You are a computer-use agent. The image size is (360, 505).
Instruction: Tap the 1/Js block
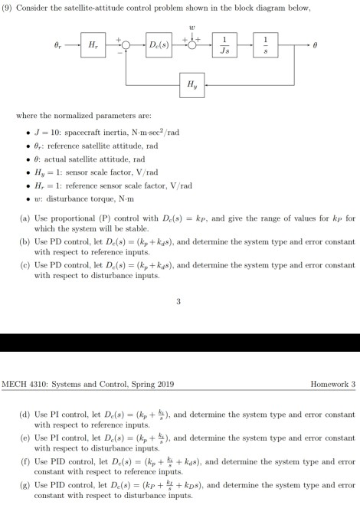[x=223, y=46]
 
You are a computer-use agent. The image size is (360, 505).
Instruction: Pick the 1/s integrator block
[x=265, y=46]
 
